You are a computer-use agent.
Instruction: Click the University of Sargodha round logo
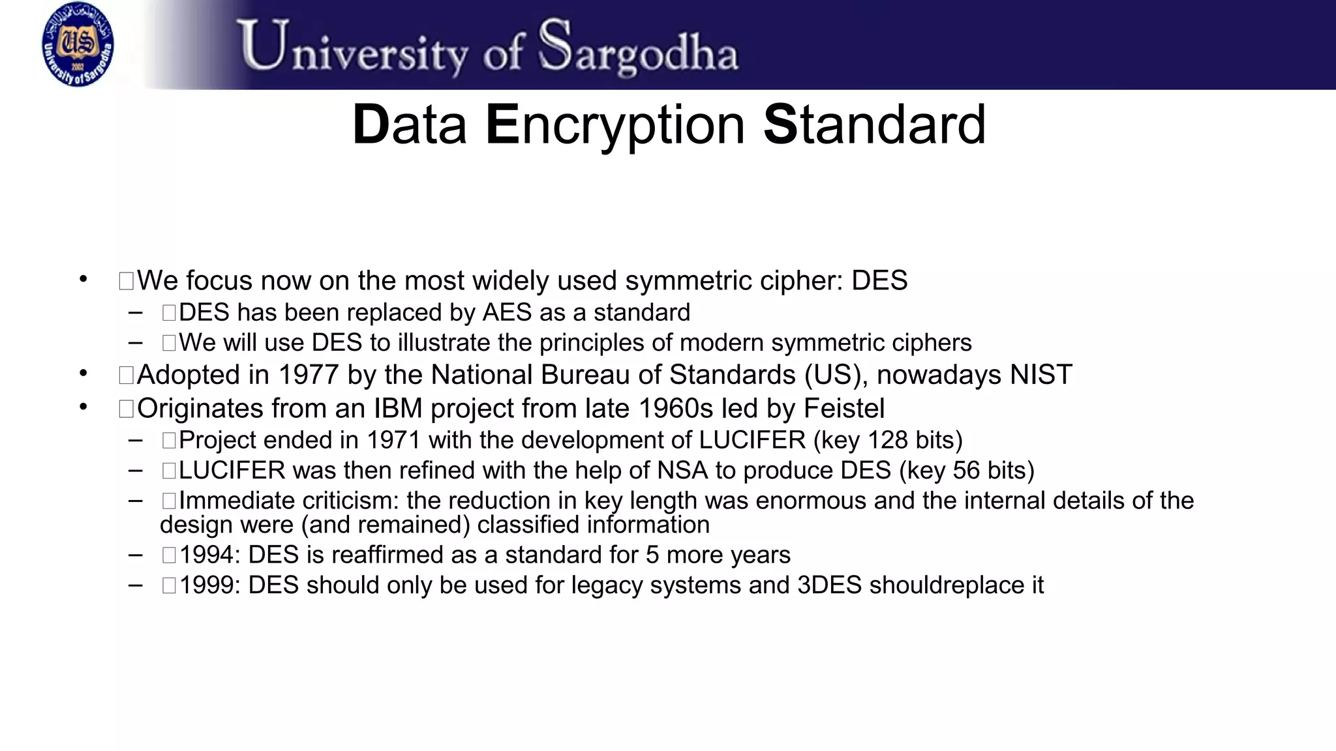pos(78,44)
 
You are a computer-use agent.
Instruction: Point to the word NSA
pos(682,471)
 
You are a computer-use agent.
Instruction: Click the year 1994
pos(210,555)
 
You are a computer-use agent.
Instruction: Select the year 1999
pos(210,585)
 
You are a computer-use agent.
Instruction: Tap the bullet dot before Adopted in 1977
pos(83,374)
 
